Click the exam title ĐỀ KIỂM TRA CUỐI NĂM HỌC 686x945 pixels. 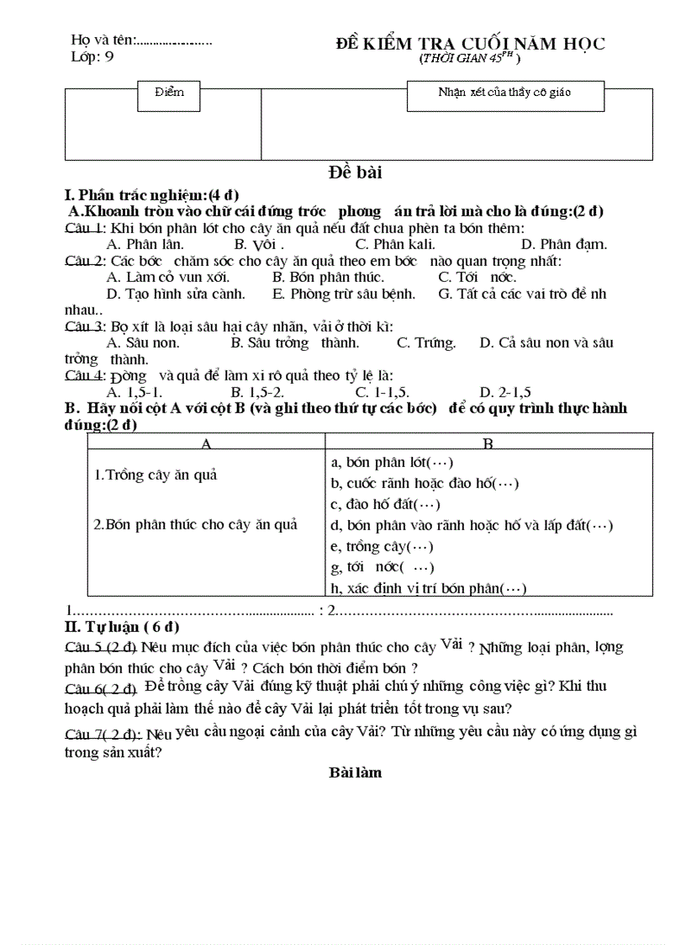point(470,44)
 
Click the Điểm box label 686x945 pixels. point(169,92)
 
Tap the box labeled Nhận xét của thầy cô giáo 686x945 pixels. point(504,93)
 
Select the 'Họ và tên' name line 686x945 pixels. point(141,40)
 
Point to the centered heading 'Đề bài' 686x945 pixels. point(355,173)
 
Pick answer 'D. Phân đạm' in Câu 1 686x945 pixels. point(563,245)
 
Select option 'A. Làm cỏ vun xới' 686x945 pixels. point(168,277)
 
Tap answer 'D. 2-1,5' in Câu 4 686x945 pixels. point(505,392)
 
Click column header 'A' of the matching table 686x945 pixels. point(205,443)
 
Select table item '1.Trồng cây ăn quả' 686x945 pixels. point(156,475)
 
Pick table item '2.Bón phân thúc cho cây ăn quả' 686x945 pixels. point(195,524)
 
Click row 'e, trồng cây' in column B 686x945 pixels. point(378,546)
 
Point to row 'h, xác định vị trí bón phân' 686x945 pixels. point(429,588)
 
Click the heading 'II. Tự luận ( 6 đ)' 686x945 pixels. point(122,627)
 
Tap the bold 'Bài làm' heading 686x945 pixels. point(355,772)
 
